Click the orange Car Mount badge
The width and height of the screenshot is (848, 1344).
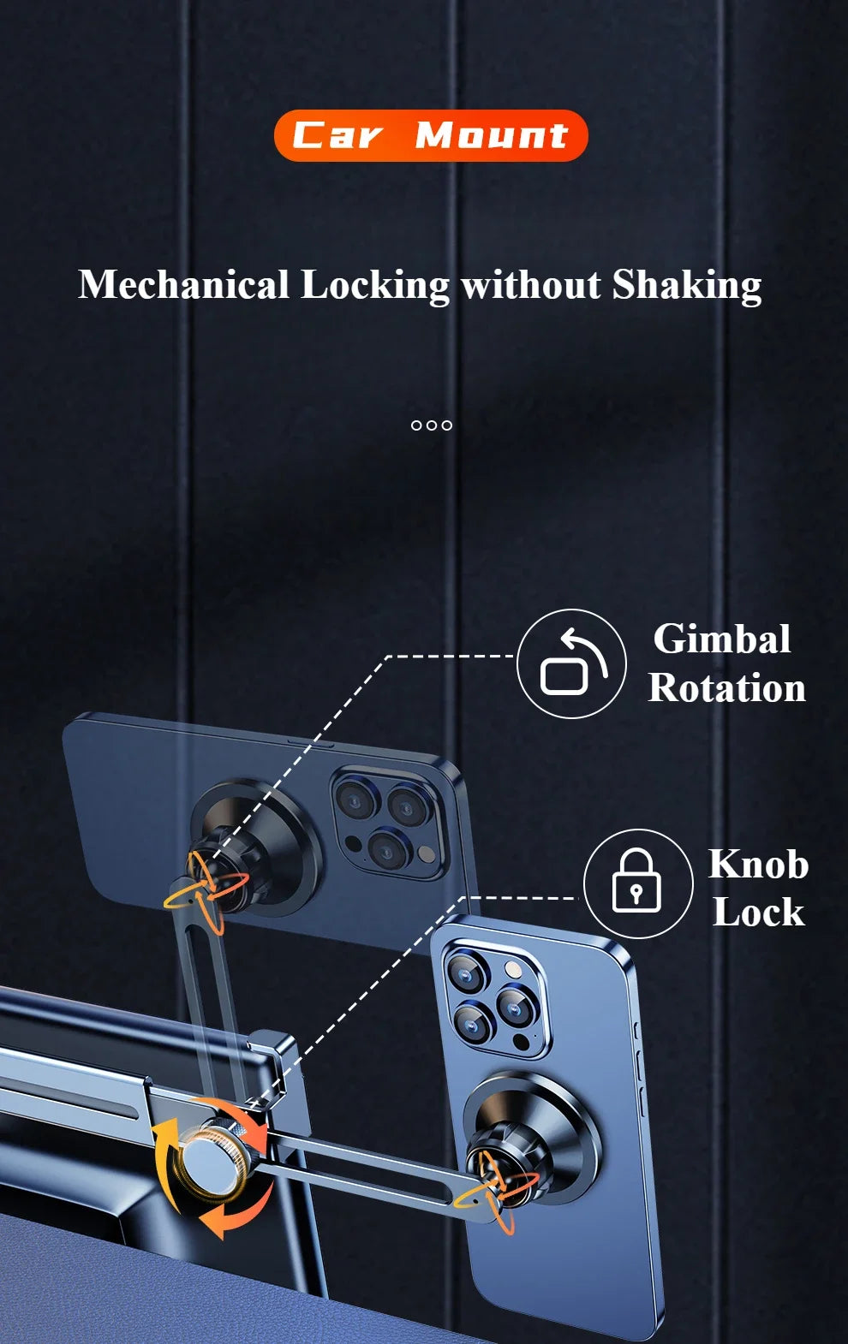431,135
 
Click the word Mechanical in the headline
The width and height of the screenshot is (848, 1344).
184,284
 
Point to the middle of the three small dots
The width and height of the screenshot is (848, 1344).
431,425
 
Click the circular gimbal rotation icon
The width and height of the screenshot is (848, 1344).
571,663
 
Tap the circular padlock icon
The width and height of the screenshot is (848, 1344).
638,883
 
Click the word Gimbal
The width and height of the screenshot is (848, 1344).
722,639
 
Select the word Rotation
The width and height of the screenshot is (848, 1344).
726,687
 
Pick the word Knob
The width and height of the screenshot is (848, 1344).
759,864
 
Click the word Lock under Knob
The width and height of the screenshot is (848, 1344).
759,912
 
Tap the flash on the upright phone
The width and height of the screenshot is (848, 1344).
513,969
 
